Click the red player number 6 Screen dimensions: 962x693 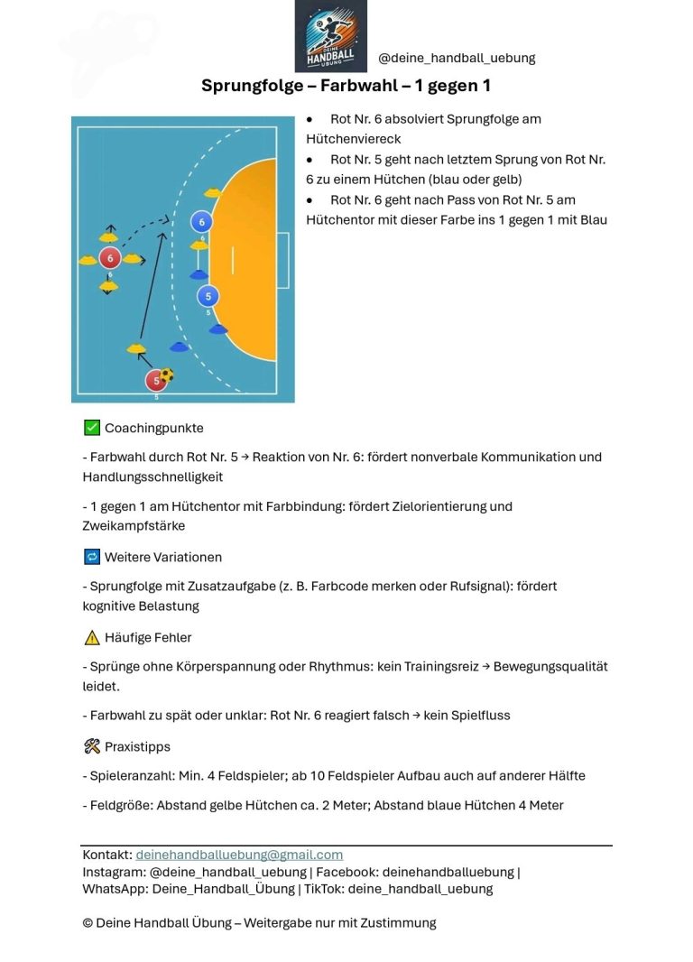tap(109, 259)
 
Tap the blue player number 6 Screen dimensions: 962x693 tap(201, 222)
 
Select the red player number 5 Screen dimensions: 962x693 tap(156, 380)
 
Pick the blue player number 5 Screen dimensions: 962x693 tap(208, 296)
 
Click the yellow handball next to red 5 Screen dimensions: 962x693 tap(167, 375)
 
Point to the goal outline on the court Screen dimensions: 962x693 tap(282, 261)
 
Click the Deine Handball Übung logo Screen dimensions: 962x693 tap(330, 36)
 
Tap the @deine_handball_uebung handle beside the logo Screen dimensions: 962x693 tap(457, 58)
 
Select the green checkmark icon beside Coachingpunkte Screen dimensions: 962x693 tap(91, 428)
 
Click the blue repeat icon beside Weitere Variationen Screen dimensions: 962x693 tap(91, 557)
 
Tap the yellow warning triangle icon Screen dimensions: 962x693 tap(91, 638)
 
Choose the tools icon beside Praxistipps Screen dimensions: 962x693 tap(91, 746)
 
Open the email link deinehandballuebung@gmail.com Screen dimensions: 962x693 tap(239, 855)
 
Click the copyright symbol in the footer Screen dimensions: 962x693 tap(88, 923)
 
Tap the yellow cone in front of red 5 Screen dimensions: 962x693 tap(136, 347)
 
